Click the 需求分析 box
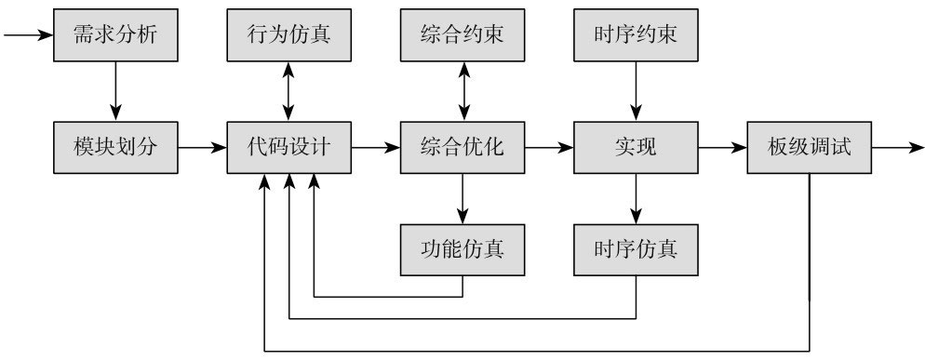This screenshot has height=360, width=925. pos(115,36)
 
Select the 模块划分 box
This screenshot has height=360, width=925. pos(115,147)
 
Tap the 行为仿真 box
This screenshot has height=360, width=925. pos(289,36)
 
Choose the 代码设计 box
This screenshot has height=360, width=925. pos(289,147)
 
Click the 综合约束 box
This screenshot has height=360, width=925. pos(462,36)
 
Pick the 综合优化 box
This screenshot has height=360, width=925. pos(462,147)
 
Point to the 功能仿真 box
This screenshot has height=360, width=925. pos(462,249)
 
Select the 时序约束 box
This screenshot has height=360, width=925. pos(636,36)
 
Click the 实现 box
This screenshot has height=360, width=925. pos(636,147)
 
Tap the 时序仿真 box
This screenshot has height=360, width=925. pos(636,249)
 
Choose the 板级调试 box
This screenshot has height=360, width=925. pos(809,147)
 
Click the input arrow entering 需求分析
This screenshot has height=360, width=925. pos(28,36)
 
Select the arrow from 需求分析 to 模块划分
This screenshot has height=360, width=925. pos(115,91)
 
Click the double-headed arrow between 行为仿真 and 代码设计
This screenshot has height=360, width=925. pos(289,91)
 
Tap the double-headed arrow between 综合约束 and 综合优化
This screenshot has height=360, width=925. pos(462,91)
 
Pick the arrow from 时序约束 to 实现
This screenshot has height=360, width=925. pos(636,91)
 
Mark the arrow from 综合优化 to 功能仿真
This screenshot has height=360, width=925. pos(462,198)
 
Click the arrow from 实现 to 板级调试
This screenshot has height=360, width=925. pos(722,147)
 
